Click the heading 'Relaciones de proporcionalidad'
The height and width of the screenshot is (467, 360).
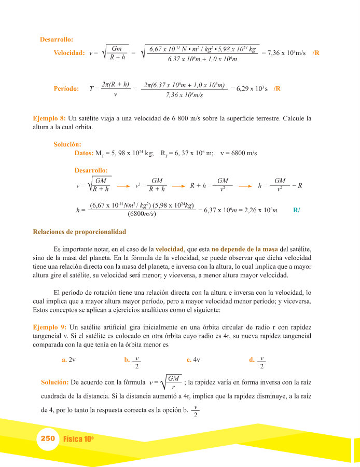click(79, 231)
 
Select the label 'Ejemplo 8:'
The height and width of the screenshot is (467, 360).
click(49, 118)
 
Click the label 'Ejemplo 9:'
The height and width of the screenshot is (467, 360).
click(49, 327)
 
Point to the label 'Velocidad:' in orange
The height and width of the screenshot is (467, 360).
click(69, 53)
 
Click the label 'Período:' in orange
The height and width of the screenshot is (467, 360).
click(66, 89)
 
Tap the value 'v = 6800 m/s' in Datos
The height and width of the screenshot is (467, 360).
click(239, 153)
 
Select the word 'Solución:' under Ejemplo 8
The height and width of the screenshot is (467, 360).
click(67, 144)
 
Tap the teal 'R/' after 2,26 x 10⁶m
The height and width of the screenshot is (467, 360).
click(297, 210)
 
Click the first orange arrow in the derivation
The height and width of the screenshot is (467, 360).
click(122, 185)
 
